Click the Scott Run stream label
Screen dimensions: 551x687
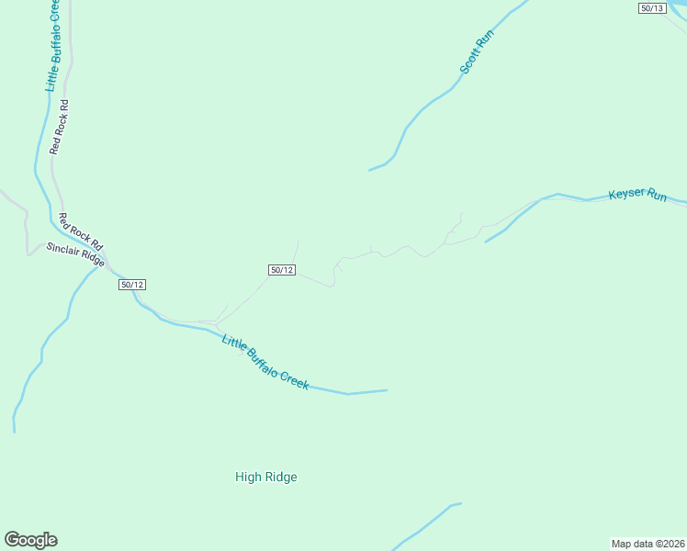(477, 52)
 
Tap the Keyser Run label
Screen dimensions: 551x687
(637, 195)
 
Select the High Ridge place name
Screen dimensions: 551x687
(266, 477)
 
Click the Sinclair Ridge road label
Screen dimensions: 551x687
(76, 254)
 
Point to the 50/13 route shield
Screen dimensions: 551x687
(651, 7)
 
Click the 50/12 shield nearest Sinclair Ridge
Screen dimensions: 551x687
(132, 285)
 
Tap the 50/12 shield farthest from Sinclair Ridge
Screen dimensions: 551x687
(282, 270)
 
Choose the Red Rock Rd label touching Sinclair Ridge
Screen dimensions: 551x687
(80, 234)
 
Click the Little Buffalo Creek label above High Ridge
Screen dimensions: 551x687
(265, 362)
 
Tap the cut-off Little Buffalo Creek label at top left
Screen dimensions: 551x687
(53, 45)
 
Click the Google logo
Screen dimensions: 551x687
(30, 540)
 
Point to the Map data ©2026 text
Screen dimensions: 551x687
(648, 544)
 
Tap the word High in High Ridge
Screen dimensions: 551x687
(248, 477)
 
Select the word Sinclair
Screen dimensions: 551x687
(63, 250)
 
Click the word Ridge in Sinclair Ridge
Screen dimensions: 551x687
(93, 260)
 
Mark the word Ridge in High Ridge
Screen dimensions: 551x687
(280, 477)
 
